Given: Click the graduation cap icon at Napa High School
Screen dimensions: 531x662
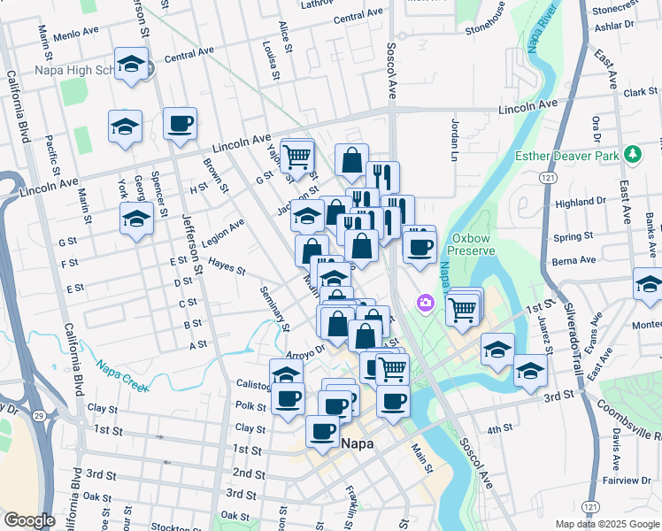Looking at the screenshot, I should click(132, 65).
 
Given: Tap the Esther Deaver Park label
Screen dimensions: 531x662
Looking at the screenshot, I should click(567, 157).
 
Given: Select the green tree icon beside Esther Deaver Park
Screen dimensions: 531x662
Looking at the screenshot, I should click(632, 154).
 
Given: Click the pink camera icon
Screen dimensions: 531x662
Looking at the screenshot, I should click(427, 304).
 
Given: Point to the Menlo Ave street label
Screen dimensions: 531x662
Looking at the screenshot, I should click(76, 33).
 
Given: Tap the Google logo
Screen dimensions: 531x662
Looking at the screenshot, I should click(29, 520).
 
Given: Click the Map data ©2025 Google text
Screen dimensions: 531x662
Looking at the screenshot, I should click(607, 524).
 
